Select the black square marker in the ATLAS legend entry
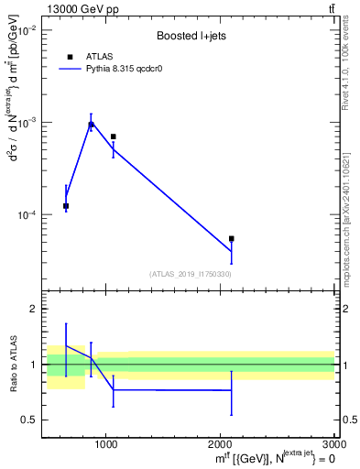tap(70, 57)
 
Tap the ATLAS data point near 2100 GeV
tap(232, 238)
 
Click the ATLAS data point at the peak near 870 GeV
tap(91, 125)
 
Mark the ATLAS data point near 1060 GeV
tap(113, 136)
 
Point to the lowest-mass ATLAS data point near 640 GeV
tap(66, 206)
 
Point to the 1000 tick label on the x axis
tap(105, 444)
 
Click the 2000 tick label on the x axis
tap(221, 444)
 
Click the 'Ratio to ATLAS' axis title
tap(13, 365)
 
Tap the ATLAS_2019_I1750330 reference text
tap(190, 274)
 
